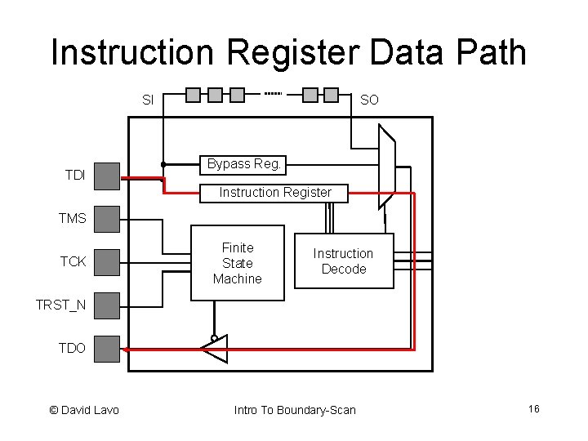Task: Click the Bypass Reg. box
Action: [243, 164]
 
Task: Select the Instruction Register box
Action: [274, 193]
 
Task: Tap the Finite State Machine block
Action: [238, 263]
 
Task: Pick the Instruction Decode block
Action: [343, 261]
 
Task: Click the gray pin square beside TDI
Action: [107, 175]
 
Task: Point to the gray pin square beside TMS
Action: [107, 218]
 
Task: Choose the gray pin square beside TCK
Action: [107, 261]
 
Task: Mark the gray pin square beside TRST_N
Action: [107, 305]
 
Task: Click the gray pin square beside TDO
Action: [107, 348]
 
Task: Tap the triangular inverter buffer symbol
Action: [214, 349]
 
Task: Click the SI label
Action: [148, 100]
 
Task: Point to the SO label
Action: [369, 100]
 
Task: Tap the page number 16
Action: [533, 408]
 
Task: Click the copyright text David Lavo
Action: [84, 409]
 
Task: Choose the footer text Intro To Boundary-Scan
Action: [295, 409]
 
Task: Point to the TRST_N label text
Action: [60, 305]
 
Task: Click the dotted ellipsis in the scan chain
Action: [273, 94]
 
